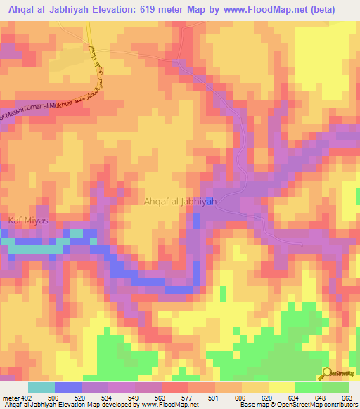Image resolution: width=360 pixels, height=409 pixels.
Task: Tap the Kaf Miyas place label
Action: pos(28,221)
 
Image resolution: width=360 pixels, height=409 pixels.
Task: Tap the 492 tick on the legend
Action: pos(27,397)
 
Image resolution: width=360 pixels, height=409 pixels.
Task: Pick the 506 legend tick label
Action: pos(53,397)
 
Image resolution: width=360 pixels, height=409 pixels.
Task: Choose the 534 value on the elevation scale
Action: pos(107,397)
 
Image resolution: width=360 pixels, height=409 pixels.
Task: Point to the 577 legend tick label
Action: pos(187,397)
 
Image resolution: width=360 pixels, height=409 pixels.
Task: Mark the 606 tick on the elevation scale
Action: pos(240,397)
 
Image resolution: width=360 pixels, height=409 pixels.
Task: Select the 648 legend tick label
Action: pos(321,397)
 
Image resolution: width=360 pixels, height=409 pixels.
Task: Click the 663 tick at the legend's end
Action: pos(347,397)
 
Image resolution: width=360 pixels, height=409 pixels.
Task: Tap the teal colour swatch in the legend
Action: pos(41,387)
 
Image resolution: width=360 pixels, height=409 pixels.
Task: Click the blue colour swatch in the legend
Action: pos(68,387)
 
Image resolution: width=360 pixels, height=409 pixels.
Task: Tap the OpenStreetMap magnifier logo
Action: pos(326,374)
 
